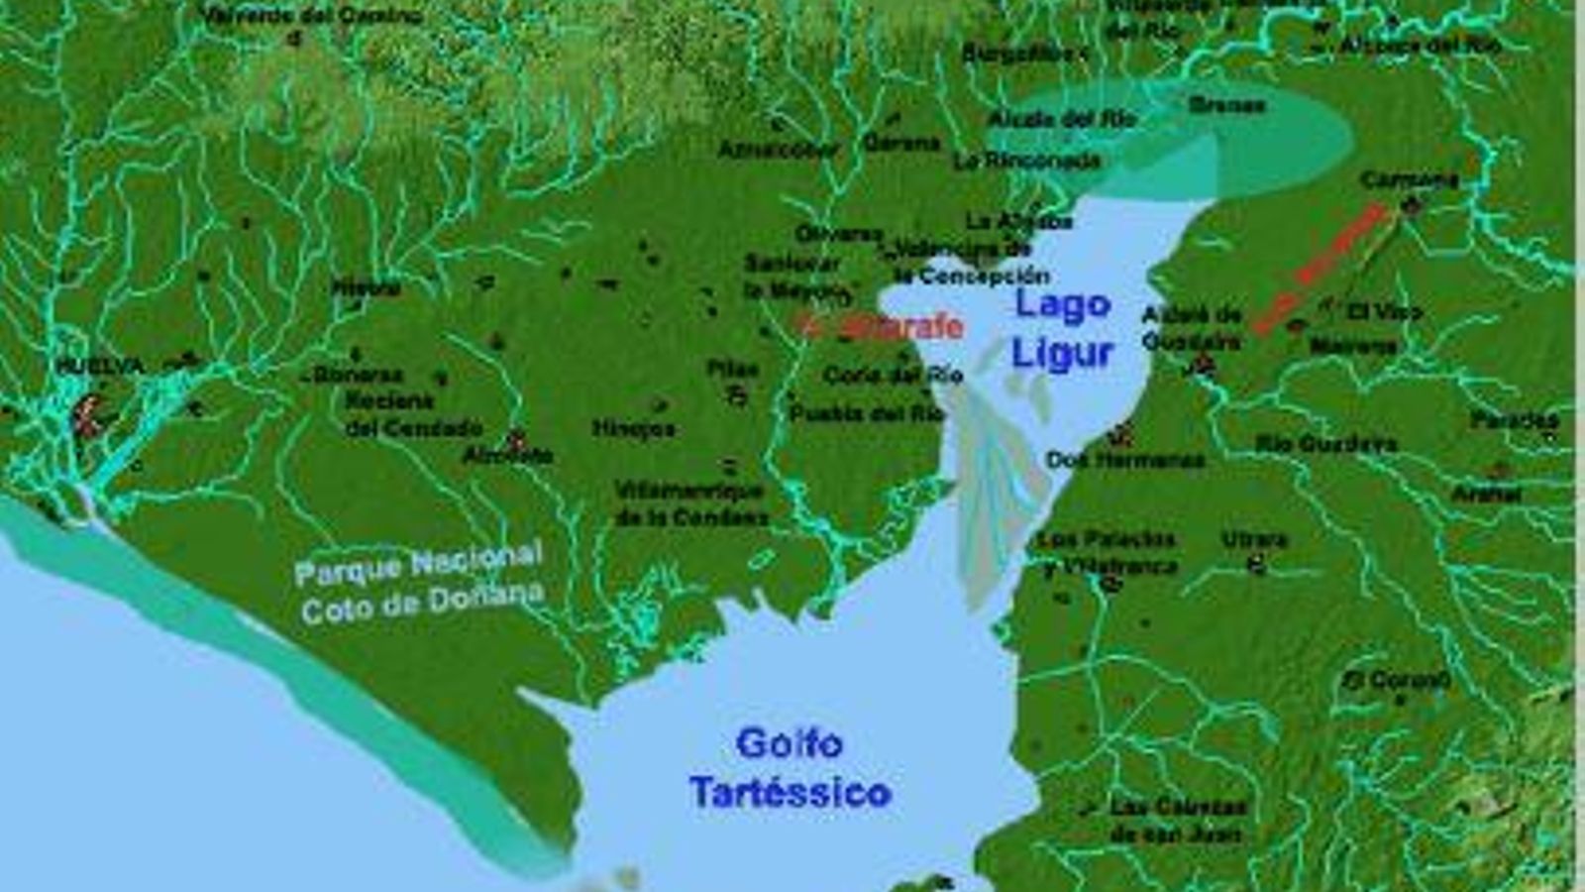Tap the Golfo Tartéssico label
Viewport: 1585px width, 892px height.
(791, 768)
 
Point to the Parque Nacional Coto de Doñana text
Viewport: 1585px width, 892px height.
(421, 583)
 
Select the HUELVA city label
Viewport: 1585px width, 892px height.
(100, 366)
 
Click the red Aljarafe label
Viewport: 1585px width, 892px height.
(884, 327)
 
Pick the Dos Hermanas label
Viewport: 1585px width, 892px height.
(1125, 460)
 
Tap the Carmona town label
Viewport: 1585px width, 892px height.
(1409, 180)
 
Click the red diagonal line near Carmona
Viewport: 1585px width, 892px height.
(1321, 269)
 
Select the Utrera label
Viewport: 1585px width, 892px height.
(1254, 539)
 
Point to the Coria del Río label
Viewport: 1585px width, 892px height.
(893, 375)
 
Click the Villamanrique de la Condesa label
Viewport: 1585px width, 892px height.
(690, 503)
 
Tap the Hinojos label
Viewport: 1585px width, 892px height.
(633, 428)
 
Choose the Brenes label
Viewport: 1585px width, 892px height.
(1226, 104)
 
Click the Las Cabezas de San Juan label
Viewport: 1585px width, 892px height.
(1177, 821)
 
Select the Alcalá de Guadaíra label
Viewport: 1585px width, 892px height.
(1191, 328)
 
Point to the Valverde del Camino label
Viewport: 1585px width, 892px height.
(311, 16)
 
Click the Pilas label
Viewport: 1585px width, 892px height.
(732, 369)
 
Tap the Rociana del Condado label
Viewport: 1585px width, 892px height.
(412, 414)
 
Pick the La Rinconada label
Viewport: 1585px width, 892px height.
(1027, 161)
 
